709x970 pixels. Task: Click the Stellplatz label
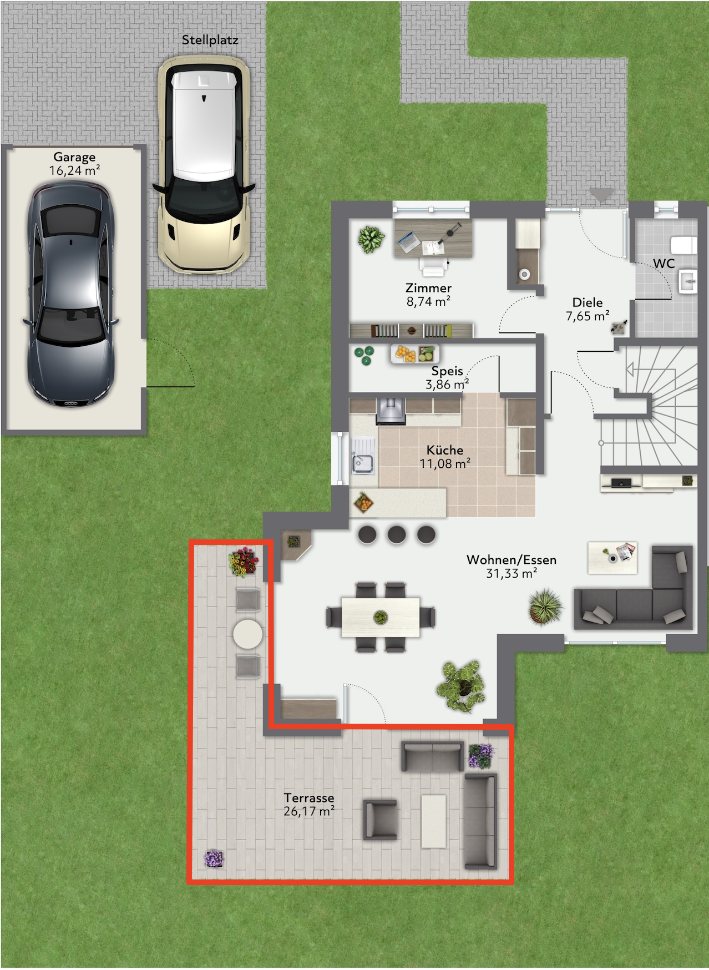point(210,40)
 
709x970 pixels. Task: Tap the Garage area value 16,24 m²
point(74,171)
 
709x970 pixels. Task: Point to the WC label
point(664,263)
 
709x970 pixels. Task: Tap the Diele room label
point(588,302)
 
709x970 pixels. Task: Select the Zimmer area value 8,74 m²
point(428,302)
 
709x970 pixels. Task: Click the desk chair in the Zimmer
point(433,266)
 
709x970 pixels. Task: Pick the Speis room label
point(447,371)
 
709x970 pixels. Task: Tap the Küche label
point(445,450)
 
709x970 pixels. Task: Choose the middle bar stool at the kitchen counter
point(397,534)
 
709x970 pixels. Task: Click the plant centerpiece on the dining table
point(381,617)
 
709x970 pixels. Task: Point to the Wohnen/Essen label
point(511,560)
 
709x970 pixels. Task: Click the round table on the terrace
point(247,633)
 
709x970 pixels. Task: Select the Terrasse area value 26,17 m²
point(309,811)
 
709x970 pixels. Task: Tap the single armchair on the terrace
point(381,819)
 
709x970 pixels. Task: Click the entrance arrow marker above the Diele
point(601,195)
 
